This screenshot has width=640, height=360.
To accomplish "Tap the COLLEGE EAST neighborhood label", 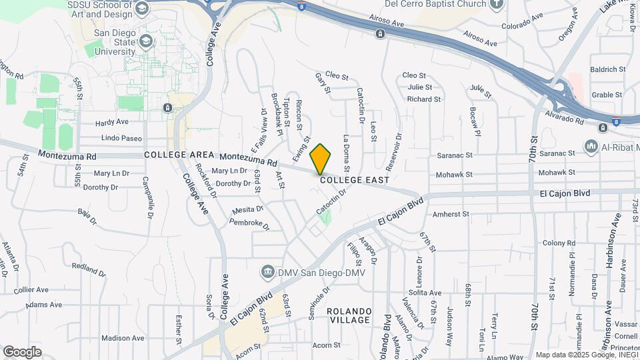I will [x=354, y=179].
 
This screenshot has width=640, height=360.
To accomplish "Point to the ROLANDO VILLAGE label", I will [x=349, y=315].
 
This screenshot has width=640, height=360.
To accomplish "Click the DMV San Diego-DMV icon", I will [x=267, y=271].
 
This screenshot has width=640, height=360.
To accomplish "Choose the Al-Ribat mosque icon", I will [x=591, y=146].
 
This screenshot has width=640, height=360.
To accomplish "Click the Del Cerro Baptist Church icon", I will [x=495, y=4].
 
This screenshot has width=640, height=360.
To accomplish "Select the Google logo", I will [x=22, y=351].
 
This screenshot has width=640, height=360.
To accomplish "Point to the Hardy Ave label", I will [x=111, y=123].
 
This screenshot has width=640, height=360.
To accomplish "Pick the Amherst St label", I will [x=451, y=215].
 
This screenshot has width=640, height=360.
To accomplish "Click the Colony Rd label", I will [x=553, y=243].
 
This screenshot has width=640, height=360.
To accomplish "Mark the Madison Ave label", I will [x=123, y=338].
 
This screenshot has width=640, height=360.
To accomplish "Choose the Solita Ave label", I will [x=425, y=293].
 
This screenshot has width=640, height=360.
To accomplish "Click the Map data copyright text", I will [x=586, y=355].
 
